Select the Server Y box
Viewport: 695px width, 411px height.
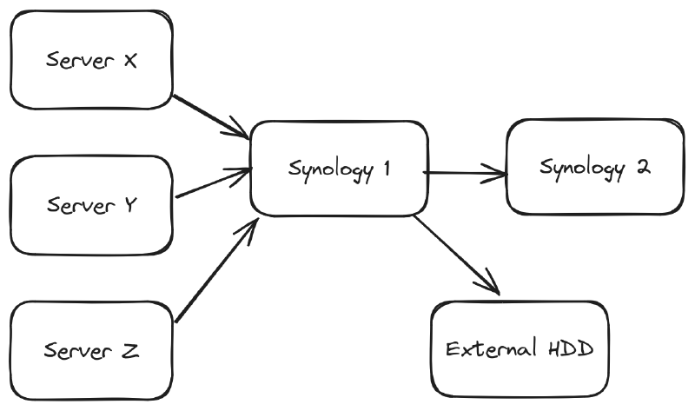pyautogui.click(x=90, y=207)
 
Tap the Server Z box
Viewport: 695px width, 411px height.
pyautogui.click(x=90, y=351)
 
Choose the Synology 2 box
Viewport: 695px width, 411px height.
pyautogui.click(x=594, y=167)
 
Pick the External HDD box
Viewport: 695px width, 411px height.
pyautogui.click(x=519, y=349)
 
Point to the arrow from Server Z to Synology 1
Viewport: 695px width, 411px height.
pyautogui.click(x=217, y=269)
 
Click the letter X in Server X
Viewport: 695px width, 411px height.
pyautogui.click(x=129, y=63)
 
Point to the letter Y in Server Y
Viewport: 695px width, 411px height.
pyautogui.click(x=130, y=207)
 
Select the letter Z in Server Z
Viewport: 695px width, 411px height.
pyautogui.click(x=129, y=351)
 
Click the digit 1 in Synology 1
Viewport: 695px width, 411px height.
pyautogui.click(x=383, y=169)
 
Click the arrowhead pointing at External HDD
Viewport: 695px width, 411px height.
pyautogui.click(x=492, y=287)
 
